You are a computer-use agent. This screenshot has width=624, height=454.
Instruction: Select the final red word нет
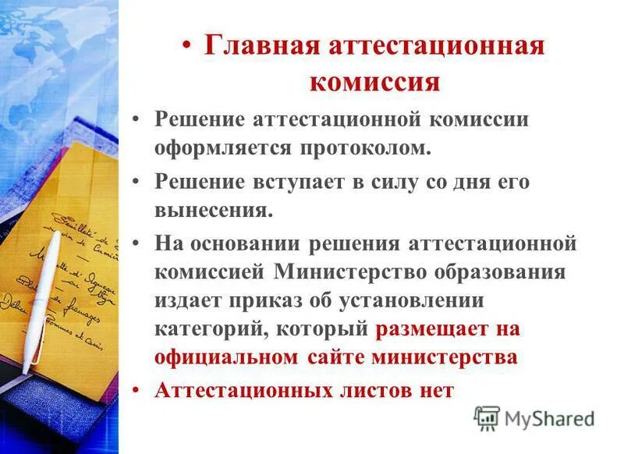pyautogui.click(x=434, y=390)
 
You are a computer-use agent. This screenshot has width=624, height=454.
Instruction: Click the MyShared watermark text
pyautogui.click(x=549, y=420)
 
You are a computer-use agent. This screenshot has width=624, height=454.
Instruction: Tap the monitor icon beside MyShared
pyautogui.click(x=487, y=419)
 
